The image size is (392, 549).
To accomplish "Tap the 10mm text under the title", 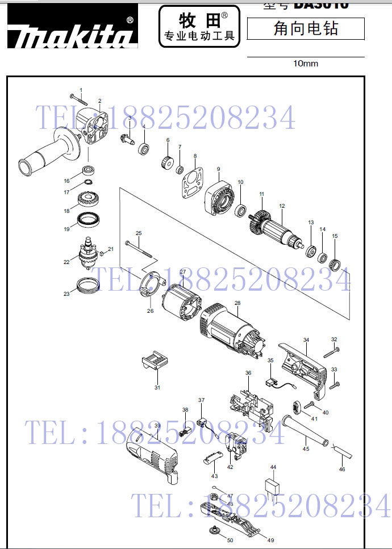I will pos(305,64).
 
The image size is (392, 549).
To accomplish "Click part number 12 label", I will pos(282,206).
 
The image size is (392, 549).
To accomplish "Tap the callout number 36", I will pos(248,373).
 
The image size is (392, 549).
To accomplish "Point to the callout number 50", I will pos(230,540).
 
